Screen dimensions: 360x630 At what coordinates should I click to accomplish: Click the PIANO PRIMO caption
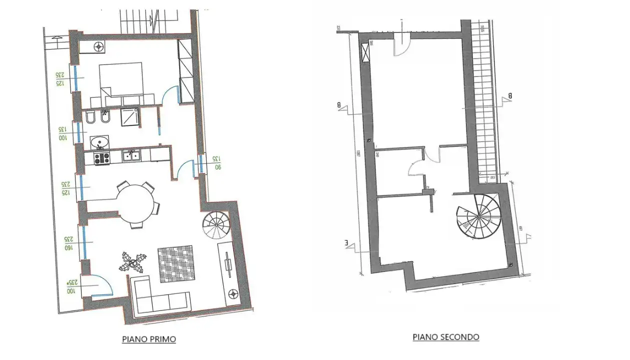point(149,339)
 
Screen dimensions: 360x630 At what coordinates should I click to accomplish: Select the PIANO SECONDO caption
point(445,337)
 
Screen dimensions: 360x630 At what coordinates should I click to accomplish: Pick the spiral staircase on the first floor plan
point(217,225)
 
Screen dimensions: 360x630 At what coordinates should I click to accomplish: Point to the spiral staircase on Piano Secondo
point(478,214)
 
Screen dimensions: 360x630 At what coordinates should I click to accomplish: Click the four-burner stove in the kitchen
point(102,158)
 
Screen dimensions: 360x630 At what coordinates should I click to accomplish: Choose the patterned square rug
point(176,263)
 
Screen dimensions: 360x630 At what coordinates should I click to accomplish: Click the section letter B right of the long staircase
point(510,95)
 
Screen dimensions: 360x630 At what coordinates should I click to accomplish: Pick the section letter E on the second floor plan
point(346,244)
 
